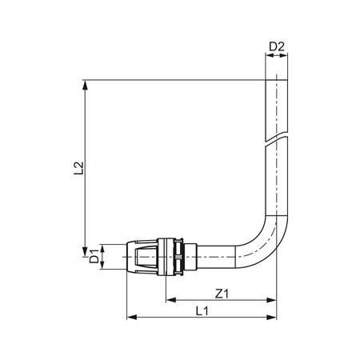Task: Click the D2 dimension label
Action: pyautogui.click(x=277, y=47)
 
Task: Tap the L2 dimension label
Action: pyautogui.click(x=78, y=168)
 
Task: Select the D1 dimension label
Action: pyautogui.click(x=94, y=256)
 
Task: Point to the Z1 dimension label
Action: pyautogui.click(x=222, y=294)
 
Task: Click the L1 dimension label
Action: pyautogui.click(x=202, y=311)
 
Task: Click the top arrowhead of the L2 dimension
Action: pyautogui.click(x=85, y=85)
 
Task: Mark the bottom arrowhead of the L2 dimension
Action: pyautogui.click(x=85, y=251)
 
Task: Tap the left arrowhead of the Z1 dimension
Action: pyautogui.click(x=171, y=300)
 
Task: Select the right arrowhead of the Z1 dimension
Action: pyautogui.click(x=272, y=300)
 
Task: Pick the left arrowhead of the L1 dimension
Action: pyautogui.click(x=132, y=318)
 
